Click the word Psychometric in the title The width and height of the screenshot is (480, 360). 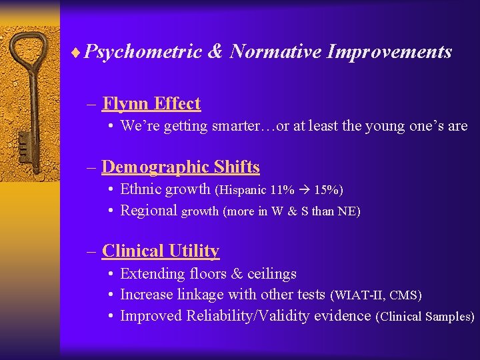(x=143, y=52)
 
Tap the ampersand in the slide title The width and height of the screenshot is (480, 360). (x=215, y=52)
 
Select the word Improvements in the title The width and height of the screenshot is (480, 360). (x=389, y=52)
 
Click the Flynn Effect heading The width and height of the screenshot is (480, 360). (x=151, y=104)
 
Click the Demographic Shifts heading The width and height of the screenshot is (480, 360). (x=181, y=167)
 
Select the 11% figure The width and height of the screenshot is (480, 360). (x=282, y=190)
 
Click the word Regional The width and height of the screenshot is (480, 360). (x=149, y=211)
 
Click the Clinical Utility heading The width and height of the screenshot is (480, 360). (x=161, y=251)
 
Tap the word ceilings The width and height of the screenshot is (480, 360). (x=272, y=274)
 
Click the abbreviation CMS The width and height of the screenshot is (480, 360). (x=403, y=295)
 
